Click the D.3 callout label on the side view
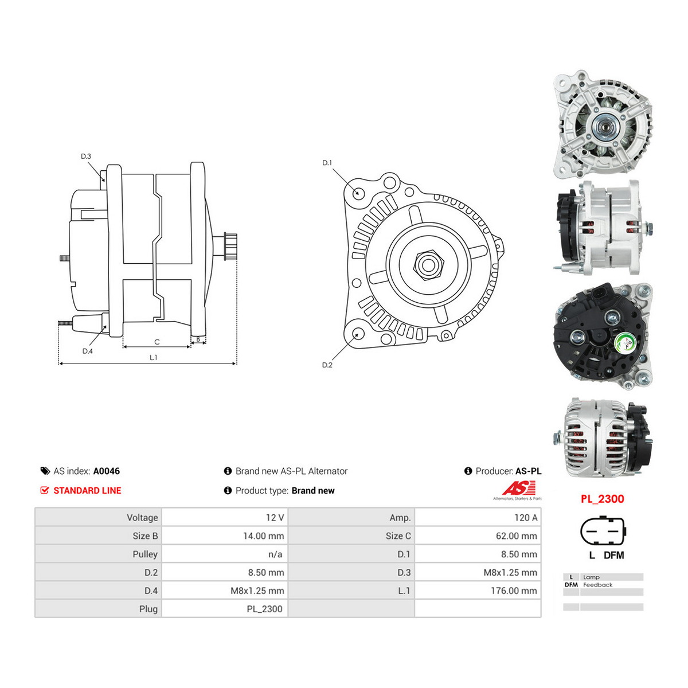click(86, 157)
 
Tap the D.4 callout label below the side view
click(88, 351)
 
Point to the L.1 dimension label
click(154, 357)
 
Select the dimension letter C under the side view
click(157, 342)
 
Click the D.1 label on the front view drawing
click(327, 163)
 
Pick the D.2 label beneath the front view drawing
click(327, 365)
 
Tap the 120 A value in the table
click(526, 517)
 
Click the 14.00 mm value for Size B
click(264, 535)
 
